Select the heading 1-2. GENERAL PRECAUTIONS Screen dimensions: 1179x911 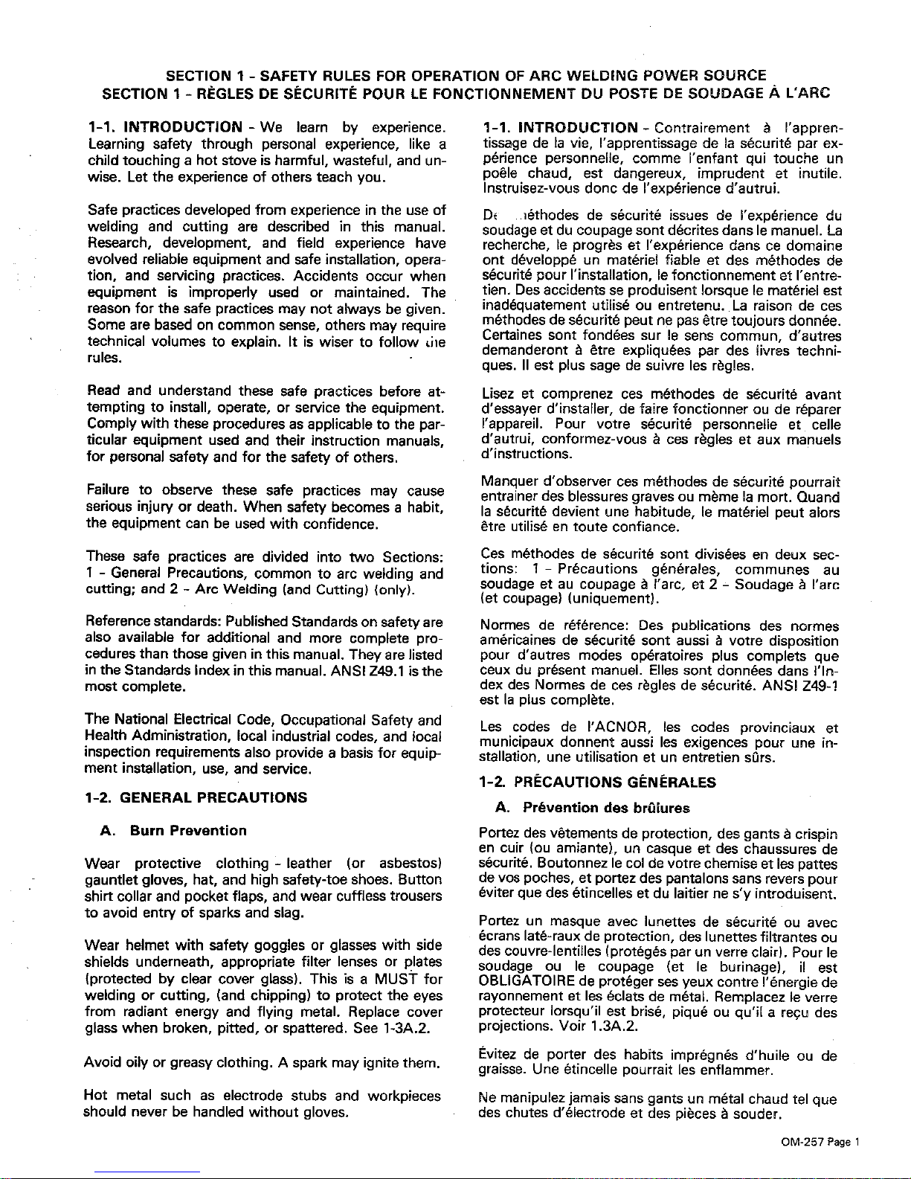point(195,797)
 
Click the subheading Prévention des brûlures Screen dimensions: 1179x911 point(605,807)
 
